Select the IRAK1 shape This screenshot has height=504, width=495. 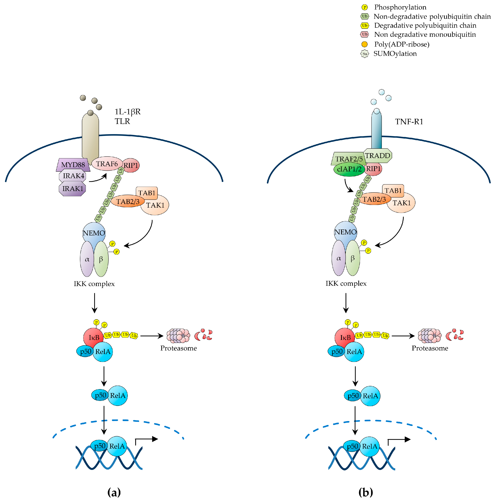72,189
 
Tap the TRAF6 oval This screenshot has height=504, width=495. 107,164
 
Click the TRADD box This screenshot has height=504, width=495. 377,156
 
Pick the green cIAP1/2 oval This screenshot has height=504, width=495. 349,169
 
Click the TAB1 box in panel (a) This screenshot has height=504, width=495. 147,193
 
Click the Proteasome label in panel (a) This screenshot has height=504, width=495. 178,348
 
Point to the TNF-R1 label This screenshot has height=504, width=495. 409,122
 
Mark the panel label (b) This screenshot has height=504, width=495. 365,492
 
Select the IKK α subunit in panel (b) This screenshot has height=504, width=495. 339,258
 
